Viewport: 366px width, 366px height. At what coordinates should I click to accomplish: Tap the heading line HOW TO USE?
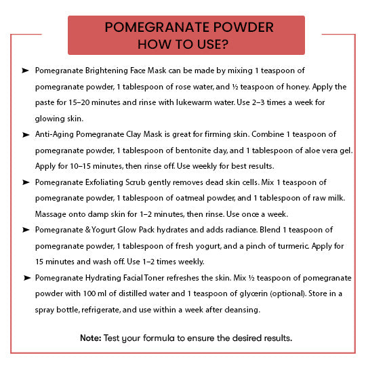tap(183, 45)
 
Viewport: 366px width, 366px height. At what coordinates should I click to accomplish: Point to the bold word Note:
tap(90, 338)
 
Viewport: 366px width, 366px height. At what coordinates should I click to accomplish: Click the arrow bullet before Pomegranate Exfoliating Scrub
tap(25, 183)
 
